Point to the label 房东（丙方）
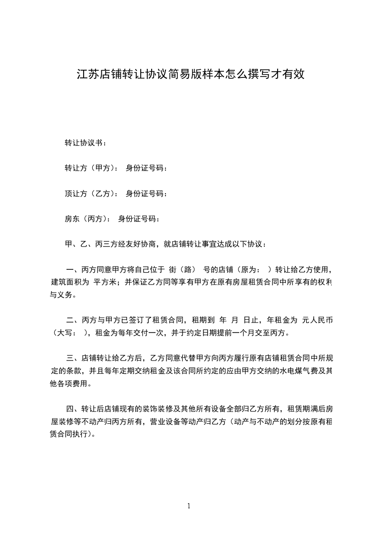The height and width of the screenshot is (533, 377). (86, 219)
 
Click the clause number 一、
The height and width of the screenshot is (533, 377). (73, 270)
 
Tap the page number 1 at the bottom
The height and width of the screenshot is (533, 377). (189, 506)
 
